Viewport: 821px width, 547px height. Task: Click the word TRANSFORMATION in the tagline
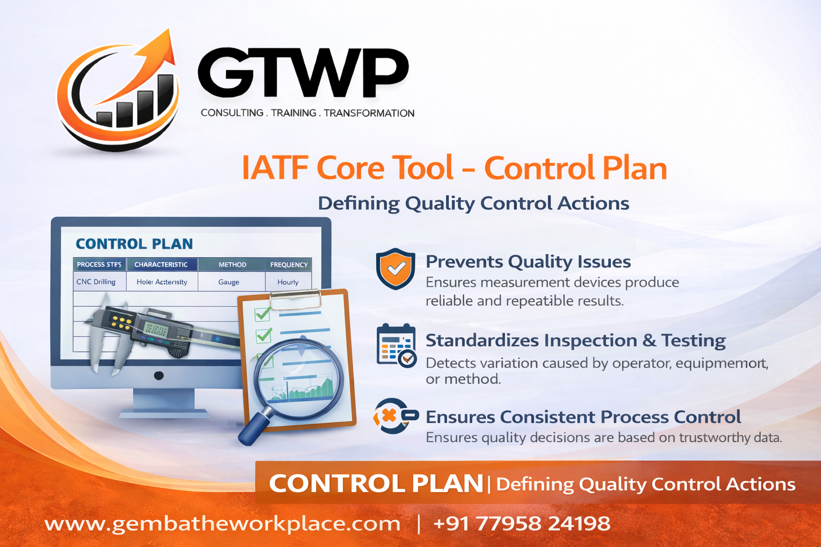point(369,113)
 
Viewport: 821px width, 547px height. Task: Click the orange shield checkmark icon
point(396,268)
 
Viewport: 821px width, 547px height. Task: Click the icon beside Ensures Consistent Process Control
point(395,416)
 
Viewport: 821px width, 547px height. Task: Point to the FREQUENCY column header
point(289,264)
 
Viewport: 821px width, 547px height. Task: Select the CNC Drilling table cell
point(96,282)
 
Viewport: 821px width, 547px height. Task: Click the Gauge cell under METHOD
point(229,282)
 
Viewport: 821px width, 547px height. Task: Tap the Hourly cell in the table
point(288,282)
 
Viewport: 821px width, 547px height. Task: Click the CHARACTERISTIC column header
point(161,264)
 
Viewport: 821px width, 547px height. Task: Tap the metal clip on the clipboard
point(295,299)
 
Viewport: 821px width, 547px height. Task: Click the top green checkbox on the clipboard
point(262,314)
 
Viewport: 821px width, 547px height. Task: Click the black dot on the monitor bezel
point(159,376)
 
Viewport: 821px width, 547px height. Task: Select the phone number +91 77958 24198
point(522,523)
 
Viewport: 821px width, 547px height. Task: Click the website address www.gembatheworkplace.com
point(222,523)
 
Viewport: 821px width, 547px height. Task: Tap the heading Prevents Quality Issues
point(528,262)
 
